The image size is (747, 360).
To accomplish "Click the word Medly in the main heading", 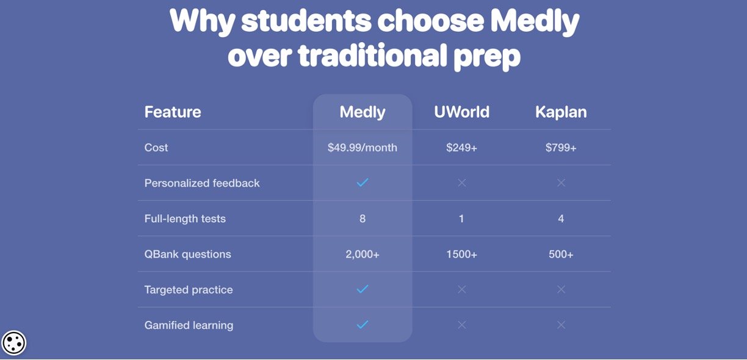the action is point(535,21).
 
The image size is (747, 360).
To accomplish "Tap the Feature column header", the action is point(173,112).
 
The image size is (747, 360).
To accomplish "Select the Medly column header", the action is point(363,113).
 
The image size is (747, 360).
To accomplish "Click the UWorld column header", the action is point(461,112).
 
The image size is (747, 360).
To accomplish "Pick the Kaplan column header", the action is point(561,113).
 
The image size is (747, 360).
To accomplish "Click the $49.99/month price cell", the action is point(363,148).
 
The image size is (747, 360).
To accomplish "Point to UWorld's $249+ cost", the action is point(461,147).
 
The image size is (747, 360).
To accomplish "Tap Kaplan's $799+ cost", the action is point(561,147).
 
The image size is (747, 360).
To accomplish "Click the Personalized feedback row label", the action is point(202,183).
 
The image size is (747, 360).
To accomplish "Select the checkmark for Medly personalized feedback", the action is point(363,182).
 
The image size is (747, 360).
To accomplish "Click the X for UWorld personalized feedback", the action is point(462,182).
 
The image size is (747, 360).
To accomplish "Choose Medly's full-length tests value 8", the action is point(363,218).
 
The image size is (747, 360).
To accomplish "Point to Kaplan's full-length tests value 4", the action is point(561,218).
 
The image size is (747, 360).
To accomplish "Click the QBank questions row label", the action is point(187,254).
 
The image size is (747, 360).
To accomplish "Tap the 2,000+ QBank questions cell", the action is point(363,254).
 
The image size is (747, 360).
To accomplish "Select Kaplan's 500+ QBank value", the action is point(561,254).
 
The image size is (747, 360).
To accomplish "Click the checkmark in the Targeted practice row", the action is point(363,289).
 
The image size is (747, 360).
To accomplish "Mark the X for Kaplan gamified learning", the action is point(561,325).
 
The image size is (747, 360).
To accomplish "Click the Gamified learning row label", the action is point(189,325).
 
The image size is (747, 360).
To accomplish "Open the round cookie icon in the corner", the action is point(13,343).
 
